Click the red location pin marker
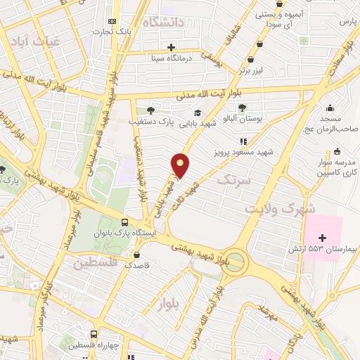181,165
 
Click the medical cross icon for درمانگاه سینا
172,46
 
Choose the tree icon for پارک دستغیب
150,110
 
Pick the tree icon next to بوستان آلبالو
242,108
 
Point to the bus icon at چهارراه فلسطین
94,335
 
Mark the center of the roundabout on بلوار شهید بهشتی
236,263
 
